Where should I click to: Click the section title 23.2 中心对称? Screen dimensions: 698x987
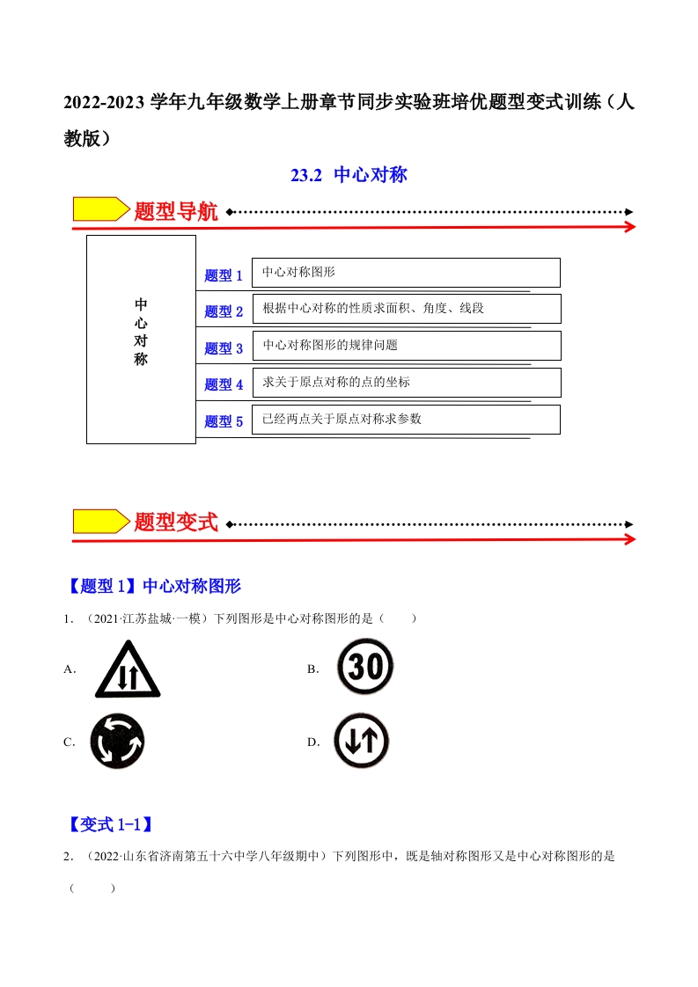click(x=349, y=174)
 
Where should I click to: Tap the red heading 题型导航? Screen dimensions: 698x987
click(x=176, y=211)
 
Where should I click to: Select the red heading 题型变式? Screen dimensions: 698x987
click(x=176, y=522)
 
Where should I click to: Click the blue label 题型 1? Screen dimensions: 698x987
click(x=224, y=275)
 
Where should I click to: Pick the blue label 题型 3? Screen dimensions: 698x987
click(x=224, y=348)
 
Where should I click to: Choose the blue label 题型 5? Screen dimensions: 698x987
click(x=224, y=421)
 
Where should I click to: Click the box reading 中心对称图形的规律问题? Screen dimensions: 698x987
click(x=407, y=346)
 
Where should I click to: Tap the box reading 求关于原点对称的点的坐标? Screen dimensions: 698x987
click(x=407, y=383)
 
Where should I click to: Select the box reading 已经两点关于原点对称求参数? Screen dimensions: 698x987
click(x=407, y=420)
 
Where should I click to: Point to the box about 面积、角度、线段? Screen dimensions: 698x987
click(x=407, y=309)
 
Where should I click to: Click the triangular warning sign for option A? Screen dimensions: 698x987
click(x=128, y=669)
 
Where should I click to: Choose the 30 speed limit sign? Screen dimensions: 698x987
click(x=365, y=666)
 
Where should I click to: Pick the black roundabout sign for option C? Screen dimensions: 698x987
click(x=117, y=741)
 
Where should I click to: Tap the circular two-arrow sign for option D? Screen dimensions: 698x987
click(x=362, y=741)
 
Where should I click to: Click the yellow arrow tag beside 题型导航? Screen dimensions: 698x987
click(x=101, y=209)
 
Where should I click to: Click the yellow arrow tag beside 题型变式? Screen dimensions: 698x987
click(x=101, y=521)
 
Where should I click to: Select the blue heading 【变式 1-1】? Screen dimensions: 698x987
click(x=111, y=824)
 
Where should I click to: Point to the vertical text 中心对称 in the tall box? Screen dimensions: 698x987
click(x=141, y=332)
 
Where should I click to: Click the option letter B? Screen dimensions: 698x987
click(x=313, y=669)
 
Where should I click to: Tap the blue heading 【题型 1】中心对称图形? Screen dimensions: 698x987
click(x=154, y=586)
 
